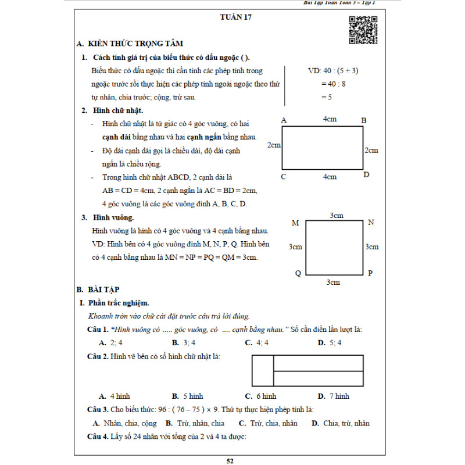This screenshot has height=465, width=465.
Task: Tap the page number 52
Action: click(x=230, y=462)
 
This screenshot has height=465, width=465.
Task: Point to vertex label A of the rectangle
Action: click(x=284, y=120)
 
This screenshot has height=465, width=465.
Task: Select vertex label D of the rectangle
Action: click(x=366, y=174)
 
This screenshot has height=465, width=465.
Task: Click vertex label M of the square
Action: click(x=295, y=223)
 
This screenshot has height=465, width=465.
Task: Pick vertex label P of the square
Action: click(x=370, y=273)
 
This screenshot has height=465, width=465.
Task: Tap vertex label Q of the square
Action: click(x=298, y=273)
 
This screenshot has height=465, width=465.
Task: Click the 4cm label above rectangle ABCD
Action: click(x=330, y=119)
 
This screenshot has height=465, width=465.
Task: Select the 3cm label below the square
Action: click(x=332, y=282)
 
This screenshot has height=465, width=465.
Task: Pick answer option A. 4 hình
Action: click(x=115, y=396)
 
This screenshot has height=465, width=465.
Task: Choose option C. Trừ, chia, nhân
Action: click(x=268, y=423)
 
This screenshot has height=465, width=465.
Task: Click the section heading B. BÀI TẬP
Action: click(x=98, y=289)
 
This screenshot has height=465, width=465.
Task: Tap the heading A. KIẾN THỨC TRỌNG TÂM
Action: click(x=129, y=44)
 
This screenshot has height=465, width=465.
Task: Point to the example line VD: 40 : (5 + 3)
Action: click(x=332, y=71)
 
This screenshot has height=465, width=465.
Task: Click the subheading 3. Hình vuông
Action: click(x=108, y=218)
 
